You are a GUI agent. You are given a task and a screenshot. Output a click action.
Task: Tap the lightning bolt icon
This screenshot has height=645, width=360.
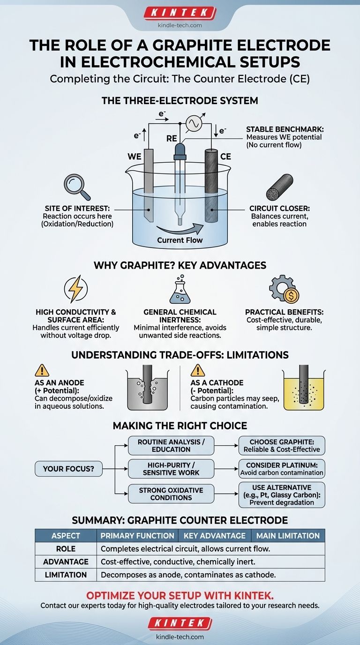[x=75, y=289]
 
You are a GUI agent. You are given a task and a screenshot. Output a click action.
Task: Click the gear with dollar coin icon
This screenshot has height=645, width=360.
[x=284, y=289]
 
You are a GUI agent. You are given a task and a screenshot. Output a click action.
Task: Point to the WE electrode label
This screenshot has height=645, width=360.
[x=135, y=156]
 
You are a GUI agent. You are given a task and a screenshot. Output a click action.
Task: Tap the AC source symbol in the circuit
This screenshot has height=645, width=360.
[x=194, y=123]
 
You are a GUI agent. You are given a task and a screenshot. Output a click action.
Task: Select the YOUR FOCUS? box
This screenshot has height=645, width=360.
[x=69, y=468]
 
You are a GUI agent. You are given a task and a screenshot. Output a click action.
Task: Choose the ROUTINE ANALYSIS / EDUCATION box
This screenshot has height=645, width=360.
[x=171, y=445]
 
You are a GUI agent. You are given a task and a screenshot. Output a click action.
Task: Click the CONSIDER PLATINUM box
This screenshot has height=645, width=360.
[x=282, y=468]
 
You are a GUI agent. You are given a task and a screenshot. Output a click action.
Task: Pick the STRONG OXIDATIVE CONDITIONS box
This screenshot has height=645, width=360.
[x=171, y=494]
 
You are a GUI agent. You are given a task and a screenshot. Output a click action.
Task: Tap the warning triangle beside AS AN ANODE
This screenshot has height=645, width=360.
[x=42, y=371]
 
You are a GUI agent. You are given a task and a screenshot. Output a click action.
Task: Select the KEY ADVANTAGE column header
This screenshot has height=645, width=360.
[x=214, y=535]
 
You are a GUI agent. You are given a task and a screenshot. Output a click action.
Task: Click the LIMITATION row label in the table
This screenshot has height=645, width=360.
[x=66, y=575]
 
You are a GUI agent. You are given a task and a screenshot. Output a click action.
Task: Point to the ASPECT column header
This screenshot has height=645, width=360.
[x=66, y=535]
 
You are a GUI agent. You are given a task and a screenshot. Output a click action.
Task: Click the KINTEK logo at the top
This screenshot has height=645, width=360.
[x=180, y=13]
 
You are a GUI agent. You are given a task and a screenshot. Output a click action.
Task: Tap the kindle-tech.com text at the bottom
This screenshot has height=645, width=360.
[x=180, y=637]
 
